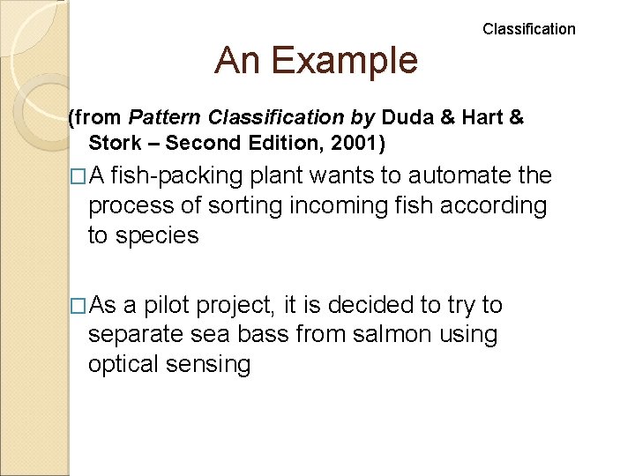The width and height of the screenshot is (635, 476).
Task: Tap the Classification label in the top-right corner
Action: coord(528,29)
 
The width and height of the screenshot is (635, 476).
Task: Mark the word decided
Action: coord(370,305)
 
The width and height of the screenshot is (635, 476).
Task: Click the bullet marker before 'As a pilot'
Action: coord(78,306)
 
